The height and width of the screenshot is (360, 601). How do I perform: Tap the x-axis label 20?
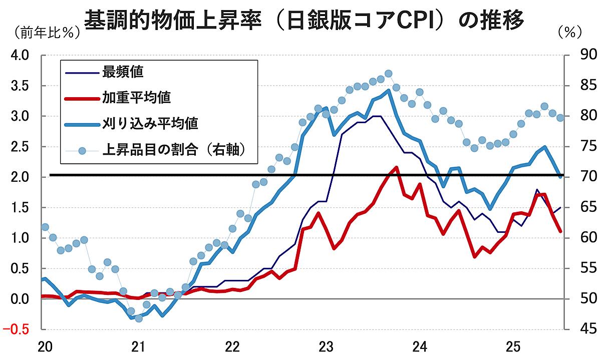[44, 346]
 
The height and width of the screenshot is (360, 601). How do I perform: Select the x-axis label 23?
[326, 346]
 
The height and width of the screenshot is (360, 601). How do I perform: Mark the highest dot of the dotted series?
[388, 74]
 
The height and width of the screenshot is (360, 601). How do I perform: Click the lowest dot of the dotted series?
[139, 318]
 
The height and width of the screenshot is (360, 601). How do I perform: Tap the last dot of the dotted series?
[560, 118]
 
